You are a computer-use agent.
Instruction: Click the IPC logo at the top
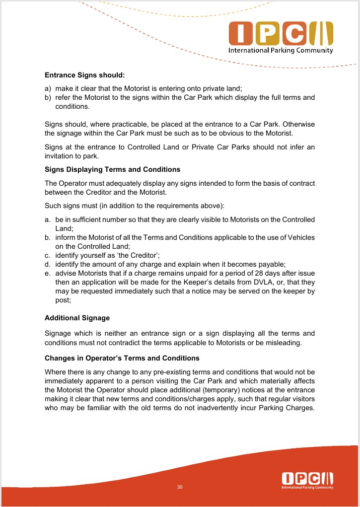281,34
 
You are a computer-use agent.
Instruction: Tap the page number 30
180,487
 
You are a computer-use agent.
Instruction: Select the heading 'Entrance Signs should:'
84,75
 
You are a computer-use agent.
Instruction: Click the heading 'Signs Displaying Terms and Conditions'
112,170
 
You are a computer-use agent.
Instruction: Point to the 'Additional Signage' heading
77,318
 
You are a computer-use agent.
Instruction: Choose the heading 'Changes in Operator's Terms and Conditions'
122,358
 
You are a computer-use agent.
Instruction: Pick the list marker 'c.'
48,255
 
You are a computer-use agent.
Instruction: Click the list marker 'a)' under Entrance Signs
48,88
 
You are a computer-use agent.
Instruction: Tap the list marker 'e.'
48,274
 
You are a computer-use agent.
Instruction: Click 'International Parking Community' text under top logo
281,51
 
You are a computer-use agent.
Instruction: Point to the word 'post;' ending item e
63,300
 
